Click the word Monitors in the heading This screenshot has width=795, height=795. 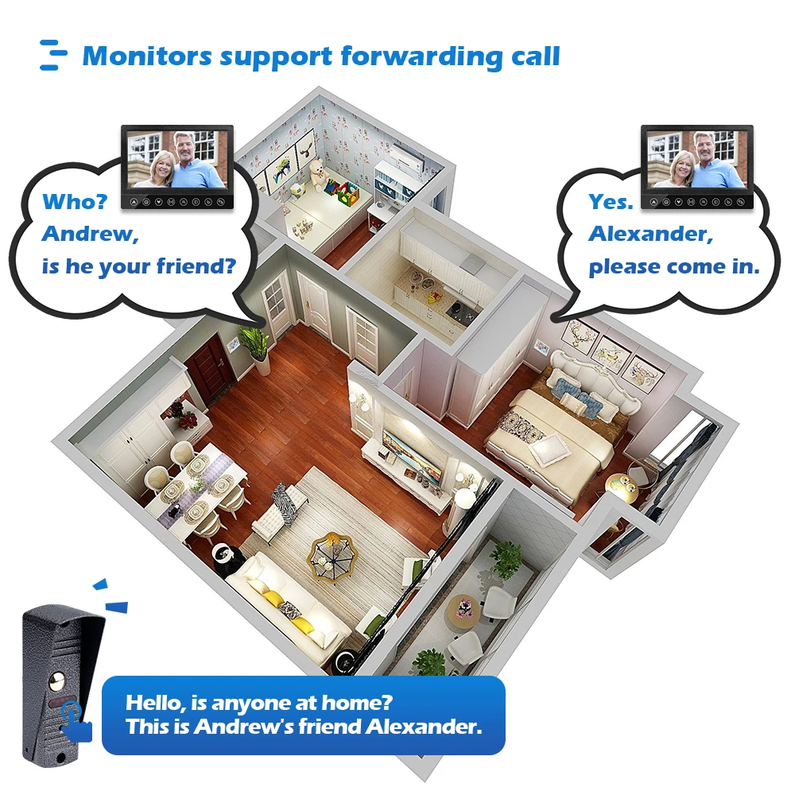146,56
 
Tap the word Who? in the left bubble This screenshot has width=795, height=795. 75,202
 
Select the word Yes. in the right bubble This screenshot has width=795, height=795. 611,202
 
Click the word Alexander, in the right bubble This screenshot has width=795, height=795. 651,234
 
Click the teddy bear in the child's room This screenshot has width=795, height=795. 319,173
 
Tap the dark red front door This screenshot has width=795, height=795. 212,367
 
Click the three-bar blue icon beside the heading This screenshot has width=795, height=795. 53,55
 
